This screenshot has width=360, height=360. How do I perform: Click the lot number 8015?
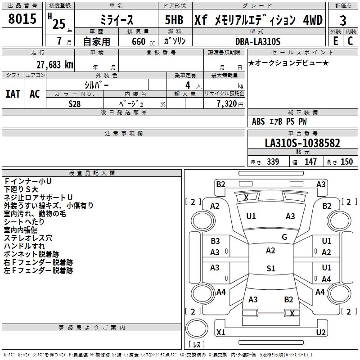[x=22, y=19]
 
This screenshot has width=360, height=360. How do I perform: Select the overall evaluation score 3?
[x=343, y=20]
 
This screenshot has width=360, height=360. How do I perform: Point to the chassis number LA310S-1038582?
[x=302, y=144]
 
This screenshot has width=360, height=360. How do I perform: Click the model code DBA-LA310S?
[x=257, y=41]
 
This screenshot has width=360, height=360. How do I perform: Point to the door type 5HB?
[x=174, y=20]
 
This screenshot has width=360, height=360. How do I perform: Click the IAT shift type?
[x=13, y=94]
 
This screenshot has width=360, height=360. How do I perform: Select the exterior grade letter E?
[x=335, y=40]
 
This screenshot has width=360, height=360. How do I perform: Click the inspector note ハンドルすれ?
[x=24, y=246]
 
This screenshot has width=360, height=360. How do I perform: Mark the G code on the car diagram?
[x=284, y=237]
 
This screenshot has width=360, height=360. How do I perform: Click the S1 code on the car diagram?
[x=270, y=269]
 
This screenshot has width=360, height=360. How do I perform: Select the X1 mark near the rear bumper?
[x=221, y=333]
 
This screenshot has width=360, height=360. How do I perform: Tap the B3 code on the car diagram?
[x=215, y=241]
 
